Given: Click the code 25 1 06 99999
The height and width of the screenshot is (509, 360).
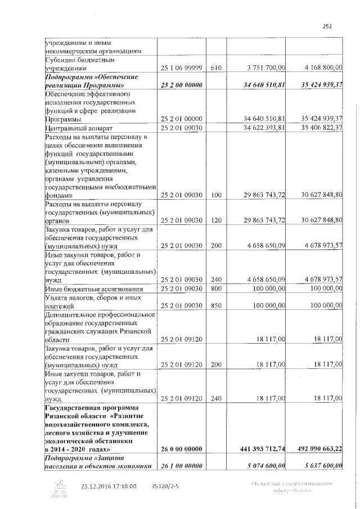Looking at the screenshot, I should click(181, 68).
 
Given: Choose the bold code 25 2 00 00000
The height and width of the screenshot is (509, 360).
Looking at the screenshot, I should click(181, 85).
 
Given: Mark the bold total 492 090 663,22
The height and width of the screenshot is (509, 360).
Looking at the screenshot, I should click(318, 449).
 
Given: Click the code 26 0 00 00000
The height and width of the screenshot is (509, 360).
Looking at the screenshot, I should click(181, 449).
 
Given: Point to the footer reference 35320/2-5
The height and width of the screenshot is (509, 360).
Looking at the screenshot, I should click(164, 486).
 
